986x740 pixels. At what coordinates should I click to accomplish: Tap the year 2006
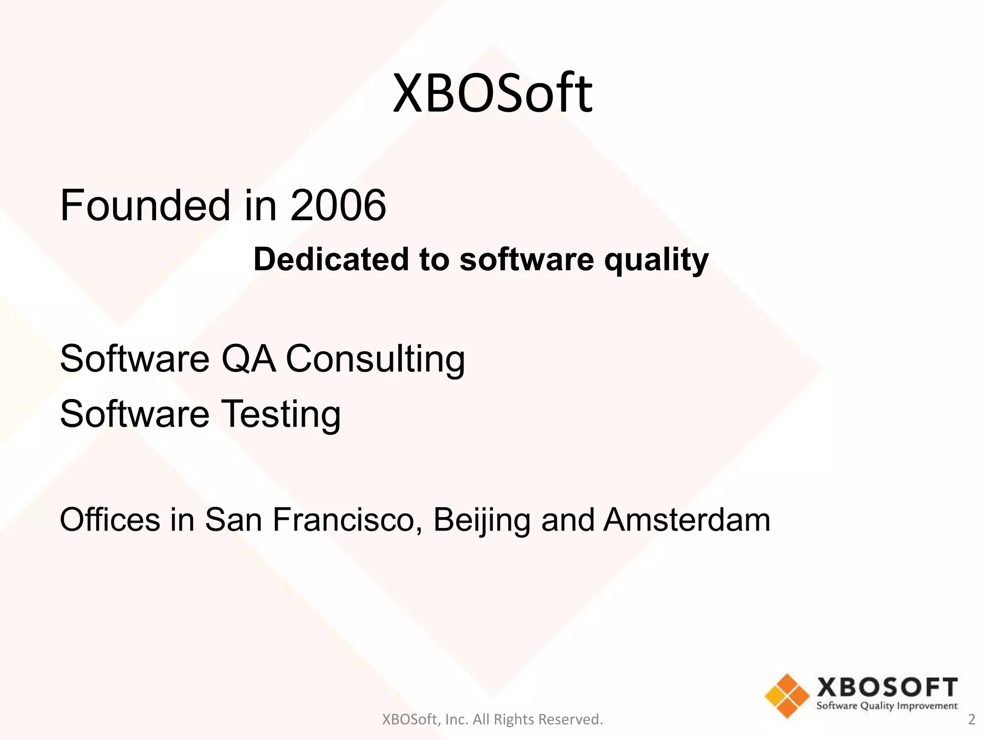(x=338, y=206)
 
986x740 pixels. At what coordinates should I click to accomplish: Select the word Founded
(x=145, y=206)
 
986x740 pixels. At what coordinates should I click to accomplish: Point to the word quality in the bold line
(x=656, y=260)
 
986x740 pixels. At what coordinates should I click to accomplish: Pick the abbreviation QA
(x=248, y=359)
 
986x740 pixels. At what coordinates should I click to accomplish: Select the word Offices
(x=110, y=520)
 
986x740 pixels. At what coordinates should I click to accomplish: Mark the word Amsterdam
(x=687, y=520)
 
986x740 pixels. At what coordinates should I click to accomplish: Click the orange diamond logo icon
(x=787, y=696)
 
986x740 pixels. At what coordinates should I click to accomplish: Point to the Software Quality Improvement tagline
(x=887, y=706)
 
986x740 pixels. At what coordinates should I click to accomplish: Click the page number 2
(x=972, y=719)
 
